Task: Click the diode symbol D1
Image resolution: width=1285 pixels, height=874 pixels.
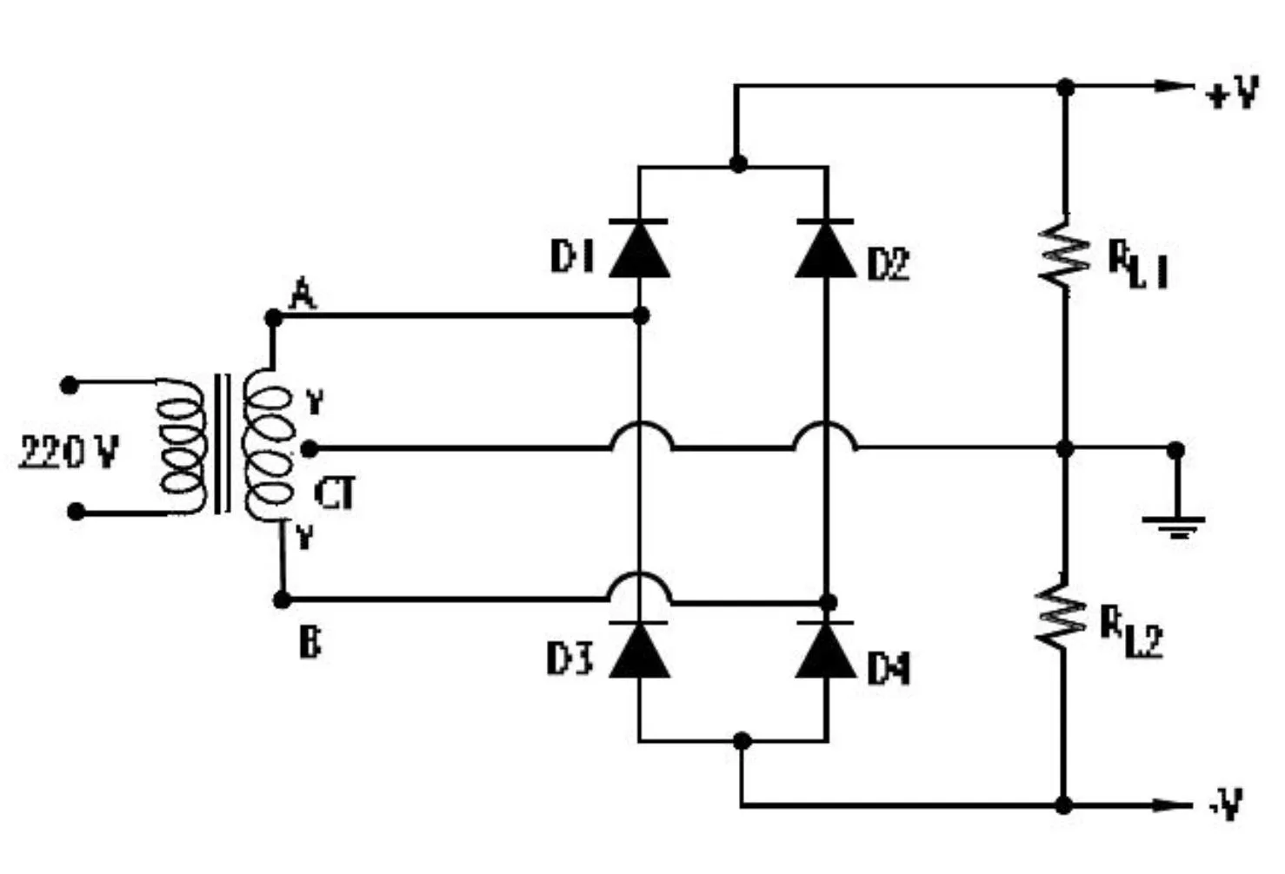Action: tap(640, 249)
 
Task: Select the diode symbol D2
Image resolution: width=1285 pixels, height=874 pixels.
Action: tap(825, 249)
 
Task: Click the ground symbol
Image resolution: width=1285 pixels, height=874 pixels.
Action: tap(1175, 525)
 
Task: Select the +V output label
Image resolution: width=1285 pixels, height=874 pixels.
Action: tap(1233, 91)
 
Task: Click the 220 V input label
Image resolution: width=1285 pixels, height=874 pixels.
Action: tap(69, 452)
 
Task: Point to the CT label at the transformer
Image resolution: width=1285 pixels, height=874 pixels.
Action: tap(335, 495)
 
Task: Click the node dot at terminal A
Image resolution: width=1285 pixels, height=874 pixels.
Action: tap(273, 318)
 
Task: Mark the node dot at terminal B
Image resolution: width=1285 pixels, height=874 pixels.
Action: tap(282, 599)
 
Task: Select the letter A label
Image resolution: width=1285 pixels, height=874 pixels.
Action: tap(302, 295)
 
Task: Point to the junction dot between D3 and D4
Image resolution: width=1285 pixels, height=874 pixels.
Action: tap(742, 740)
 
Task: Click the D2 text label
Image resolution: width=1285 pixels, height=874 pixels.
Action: tap(888, 264)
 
